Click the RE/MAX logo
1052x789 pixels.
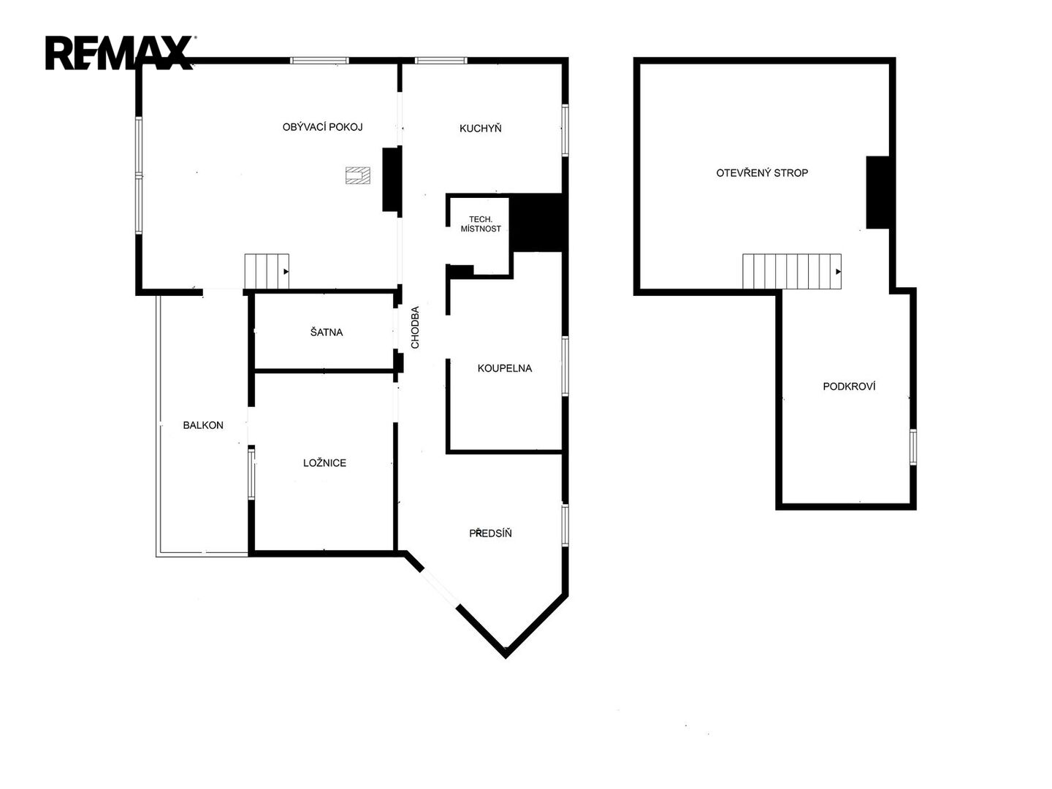pos(120,53)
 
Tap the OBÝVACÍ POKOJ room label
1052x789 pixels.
pos(322,127)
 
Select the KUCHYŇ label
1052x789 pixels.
pos(480,128)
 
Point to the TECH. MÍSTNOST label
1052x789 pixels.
pos(481,224)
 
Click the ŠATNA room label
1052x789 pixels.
pos(327,332)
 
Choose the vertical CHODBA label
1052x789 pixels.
pos(415,327)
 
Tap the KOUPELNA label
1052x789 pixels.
pos(505,368)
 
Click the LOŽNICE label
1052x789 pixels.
pos(324,462)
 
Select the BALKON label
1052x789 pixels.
pos(203,425)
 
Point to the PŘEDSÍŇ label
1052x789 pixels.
pos(490,533)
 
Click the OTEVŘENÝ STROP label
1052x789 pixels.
pos(762,172)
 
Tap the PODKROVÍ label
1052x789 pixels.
pos(849,386)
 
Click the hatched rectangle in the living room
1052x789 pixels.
pos(358,175)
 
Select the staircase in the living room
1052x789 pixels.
pos(267,271)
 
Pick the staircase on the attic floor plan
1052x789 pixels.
pos(792,271)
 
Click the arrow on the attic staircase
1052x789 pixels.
pos(838,272)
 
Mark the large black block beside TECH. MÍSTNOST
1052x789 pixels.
pos(538,222)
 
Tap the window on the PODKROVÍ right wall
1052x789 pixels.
pos(913,447)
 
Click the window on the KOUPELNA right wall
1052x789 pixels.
pos(565,366)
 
